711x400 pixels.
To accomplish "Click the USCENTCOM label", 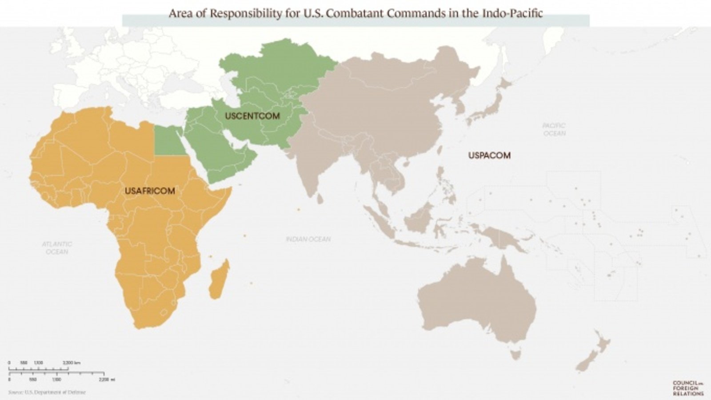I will click(x=252, y=116).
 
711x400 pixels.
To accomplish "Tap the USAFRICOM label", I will click(x=150, y=191).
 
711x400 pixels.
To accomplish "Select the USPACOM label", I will click(x=489, y=155).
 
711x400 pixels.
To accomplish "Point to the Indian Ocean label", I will click(x=308, y=239).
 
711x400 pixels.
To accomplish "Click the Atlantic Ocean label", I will click(x=57, y=248).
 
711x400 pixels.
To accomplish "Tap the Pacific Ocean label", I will click(x=554, y=129).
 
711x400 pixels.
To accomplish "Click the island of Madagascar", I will click(x=219, y=280).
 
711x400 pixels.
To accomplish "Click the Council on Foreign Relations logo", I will click(x=688, y=388).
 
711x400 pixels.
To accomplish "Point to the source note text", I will click(x=47, y=392).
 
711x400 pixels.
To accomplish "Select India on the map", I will click(x=313, y=164).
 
